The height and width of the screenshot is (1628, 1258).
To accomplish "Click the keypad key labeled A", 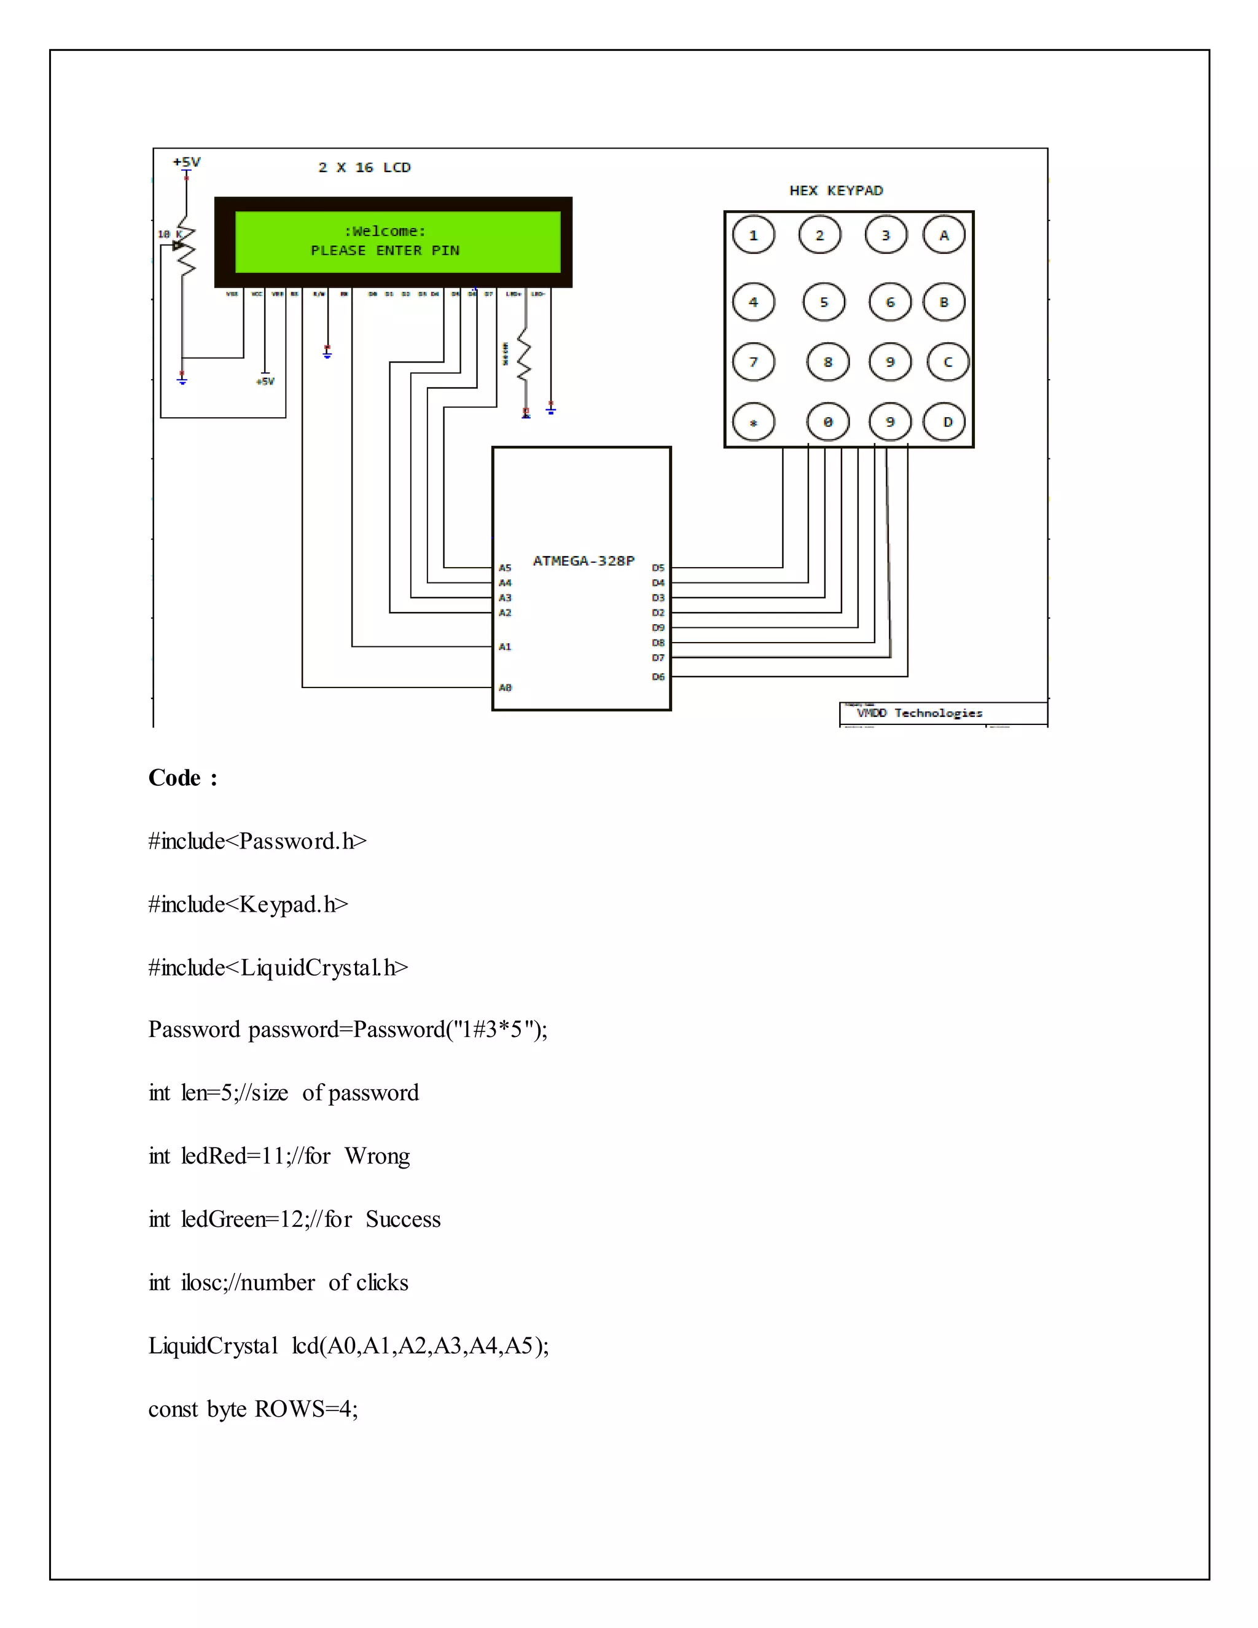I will coord(944,235).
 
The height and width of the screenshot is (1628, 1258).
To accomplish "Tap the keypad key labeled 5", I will coord(824,302).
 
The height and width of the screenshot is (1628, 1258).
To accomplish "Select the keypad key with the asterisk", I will coord(754,423).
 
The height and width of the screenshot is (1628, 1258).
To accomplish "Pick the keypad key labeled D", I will coord(947,422).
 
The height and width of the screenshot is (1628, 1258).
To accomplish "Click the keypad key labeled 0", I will coord(827,422).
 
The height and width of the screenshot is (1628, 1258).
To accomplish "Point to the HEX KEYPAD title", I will coord(836,191).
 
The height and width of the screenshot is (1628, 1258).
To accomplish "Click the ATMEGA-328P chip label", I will coord(584,560).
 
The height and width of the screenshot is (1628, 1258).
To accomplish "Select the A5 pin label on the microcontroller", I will coord(506,568).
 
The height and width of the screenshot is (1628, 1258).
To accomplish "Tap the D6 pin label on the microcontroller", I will coord(658,677).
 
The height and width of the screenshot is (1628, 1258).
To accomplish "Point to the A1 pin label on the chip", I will coord(506,647).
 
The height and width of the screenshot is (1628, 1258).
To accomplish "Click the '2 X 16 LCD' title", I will coord(364,168).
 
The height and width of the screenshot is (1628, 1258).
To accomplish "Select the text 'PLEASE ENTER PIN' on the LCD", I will coord(385,251).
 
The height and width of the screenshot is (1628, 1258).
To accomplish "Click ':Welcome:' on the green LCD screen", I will coord(385,231).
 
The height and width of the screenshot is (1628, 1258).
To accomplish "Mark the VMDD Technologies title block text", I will coord(920,713).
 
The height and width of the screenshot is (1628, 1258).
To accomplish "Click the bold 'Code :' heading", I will coord(182,778).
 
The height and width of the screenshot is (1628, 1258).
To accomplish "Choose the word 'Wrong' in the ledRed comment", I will coord(377,1156).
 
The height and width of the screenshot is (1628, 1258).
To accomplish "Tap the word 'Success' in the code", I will coord(403,1219).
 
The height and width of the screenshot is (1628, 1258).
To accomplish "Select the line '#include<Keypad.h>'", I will coord(248,905).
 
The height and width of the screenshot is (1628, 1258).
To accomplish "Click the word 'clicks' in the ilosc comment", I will coord(381,1283).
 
